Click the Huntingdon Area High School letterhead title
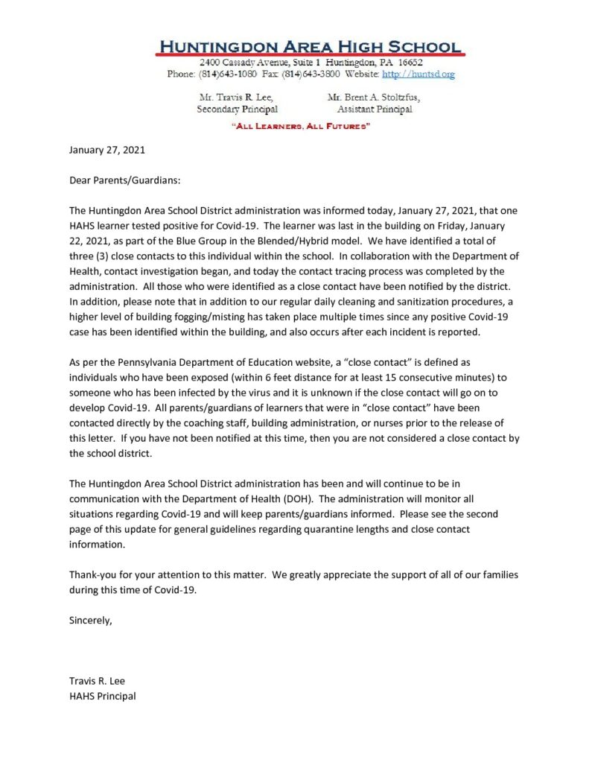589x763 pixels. pos(310,45)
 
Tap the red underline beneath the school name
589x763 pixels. pos(310,54)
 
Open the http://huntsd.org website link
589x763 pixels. pos(418,74)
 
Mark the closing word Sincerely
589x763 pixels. pos(90,621)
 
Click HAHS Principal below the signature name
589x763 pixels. pos(102,696)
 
